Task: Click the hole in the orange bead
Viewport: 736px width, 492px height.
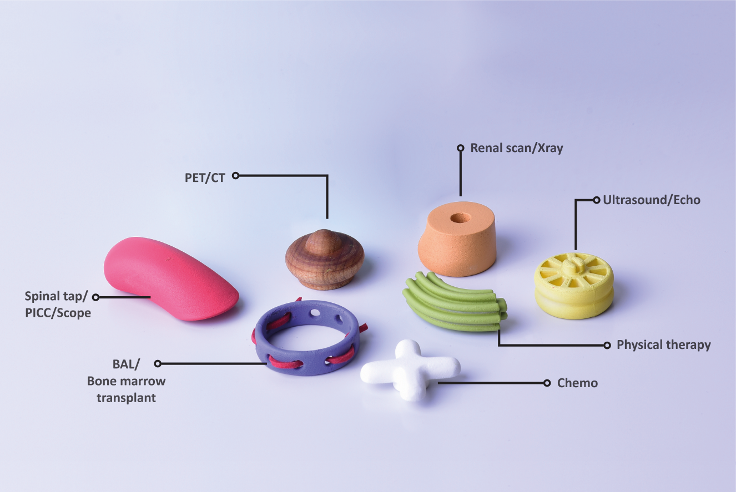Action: [460, 217]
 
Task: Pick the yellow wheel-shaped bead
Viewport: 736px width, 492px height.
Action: [574, 286]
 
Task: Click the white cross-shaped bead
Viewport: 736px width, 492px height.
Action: [411, 369]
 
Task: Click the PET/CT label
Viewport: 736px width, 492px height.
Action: [205, 177]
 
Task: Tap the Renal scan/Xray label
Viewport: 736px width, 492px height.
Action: [517, 148]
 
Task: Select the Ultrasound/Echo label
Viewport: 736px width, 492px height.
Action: [652, 200]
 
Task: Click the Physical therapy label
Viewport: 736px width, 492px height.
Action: [664, 345]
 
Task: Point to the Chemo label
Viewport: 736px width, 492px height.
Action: [577, 383]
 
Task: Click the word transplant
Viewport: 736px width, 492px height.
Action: [127, 398]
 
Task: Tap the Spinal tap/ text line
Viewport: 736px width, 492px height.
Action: [56, 296]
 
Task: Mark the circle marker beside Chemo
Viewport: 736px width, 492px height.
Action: [547, 383]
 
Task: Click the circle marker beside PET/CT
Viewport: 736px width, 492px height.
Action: [235, 176]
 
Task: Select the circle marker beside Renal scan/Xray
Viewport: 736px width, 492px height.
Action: [461, 148]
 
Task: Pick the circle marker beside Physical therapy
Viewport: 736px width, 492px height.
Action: [607, 345]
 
